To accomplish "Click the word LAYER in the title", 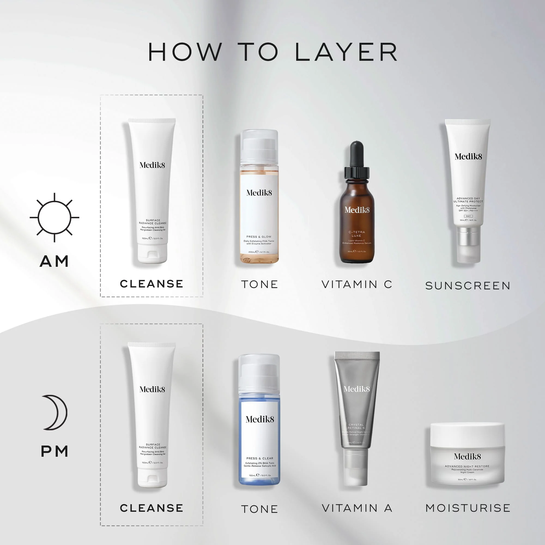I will tap(346, 52).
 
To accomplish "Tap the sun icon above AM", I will tap(55, 217).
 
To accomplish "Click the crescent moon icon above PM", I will tap(55, 412).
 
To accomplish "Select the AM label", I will tap(55, 261).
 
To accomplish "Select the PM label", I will tap(55, 451).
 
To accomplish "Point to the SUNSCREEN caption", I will tap(468, 286).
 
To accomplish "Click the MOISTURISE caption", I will tap(468, 508).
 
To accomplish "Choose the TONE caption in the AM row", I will tap(259, 284).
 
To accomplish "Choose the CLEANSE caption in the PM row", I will tap(152, 508).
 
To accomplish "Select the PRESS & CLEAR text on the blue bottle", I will tap(259, 458).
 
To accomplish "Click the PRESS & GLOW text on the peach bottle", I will tap(259, 237).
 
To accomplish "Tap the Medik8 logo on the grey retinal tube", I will tap(356, 389).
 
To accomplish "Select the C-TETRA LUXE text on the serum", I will tap(356, 234).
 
